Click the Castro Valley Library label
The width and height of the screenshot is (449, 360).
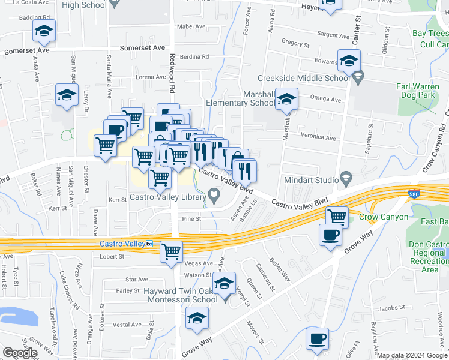coord(169,197)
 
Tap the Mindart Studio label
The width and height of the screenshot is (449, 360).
coord(310,178)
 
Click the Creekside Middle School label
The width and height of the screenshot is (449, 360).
coord(303,78)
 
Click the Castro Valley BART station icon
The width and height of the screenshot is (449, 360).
coord(149,244)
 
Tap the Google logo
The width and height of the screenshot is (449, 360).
coord(19,353)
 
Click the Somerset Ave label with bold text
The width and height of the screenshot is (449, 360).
coord(142,47)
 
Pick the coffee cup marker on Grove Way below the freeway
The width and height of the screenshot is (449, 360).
coord(330,235)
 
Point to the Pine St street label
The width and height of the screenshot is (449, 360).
coord(190,219)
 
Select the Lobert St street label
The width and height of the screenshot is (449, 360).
coord(112,256)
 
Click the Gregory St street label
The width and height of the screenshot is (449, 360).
coord(295,44)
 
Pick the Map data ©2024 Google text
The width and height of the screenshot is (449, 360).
coord(412,355)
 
